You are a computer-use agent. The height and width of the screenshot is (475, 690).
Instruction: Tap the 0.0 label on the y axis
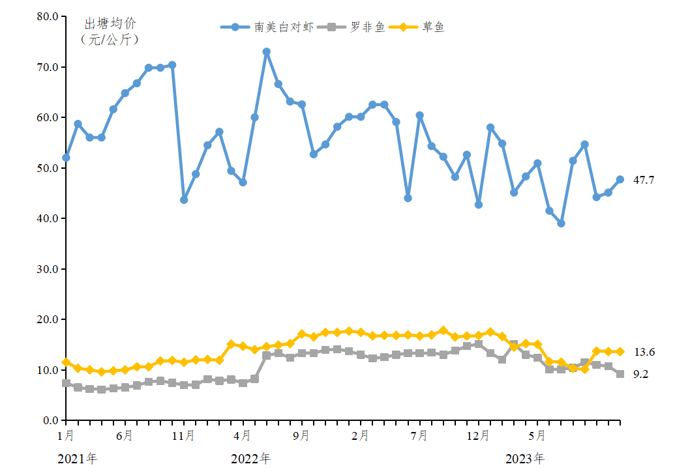50,420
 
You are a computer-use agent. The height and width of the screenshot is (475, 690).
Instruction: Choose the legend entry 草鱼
434,27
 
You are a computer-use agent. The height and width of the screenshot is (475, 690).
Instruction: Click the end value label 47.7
644,180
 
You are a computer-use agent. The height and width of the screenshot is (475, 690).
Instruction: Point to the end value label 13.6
644,352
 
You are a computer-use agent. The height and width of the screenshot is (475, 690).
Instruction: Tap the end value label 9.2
640,374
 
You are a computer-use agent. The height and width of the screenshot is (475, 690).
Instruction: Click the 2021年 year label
77,459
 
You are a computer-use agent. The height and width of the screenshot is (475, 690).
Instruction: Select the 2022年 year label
250,459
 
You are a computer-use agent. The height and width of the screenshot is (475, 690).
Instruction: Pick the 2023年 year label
525,459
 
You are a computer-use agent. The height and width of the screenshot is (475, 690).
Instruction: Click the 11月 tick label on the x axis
183,435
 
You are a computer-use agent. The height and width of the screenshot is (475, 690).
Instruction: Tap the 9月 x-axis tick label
301,435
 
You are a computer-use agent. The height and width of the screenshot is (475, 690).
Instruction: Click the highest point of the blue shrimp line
266,51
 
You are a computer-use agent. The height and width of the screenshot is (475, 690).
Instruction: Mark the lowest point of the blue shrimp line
561,223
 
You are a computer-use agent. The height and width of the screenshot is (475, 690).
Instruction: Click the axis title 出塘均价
110,23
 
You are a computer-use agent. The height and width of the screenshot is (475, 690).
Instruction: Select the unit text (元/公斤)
110,39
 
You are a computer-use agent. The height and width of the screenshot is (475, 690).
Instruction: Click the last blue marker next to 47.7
620,179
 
